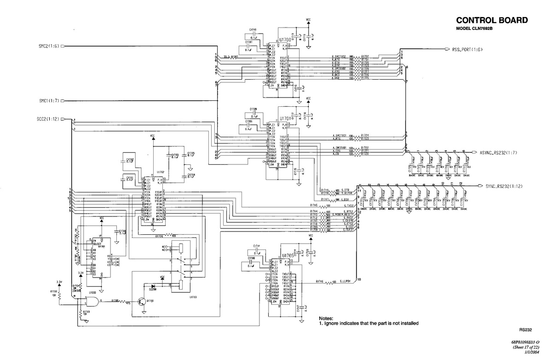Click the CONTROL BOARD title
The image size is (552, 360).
coord(491,20)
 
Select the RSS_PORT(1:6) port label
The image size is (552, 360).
coord(469,49)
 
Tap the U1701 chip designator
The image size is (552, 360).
coord(284,118)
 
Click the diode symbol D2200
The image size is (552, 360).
coord(153,285)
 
